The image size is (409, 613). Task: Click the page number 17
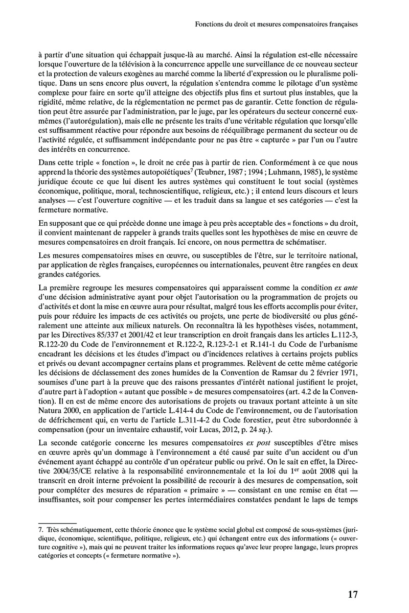pyautogui.click(x=352, y=594)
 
